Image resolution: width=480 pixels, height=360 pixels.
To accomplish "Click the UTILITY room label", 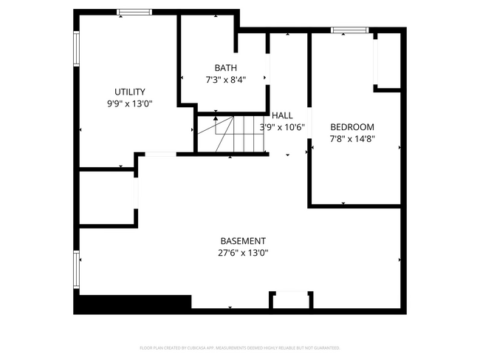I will click(x=129, y=92).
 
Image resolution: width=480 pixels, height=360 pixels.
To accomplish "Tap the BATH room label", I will click(x=225, y=67).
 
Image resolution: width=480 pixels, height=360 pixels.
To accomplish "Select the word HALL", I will click(x=282, y=115).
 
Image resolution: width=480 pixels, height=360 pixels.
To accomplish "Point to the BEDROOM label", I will click(x=352, y=126).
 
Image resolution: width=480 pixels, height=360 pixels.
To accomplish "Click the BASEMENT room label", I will click(x=243, y=241).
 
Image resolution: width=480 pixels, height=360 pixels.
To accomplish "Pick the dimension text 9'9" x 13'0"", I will click(x=129, y=104).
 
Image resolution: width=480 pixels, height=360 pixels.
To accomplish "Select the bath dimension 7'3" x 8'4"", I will click(x=225, y=79).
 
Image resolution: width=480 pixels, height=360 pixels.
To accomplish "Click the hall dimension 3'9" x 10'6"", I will click(x=282, y=126).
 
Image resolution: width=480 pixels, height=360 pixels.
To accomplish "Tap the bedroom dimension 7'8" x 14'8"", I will click(x=352, y=138).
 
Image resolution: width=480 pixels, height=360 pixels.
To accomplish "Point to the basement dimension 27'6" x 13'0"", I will click(x=243, y=253).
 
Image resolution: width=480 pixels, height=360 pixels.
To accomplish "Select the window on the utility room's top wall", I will click(x=134, y=12).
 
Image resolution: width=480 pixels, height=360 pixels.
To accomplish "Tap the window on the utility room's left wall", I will click(x=76, y=48).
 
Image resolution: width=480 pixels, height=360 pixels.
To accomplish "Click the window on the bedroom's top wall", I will click(x=349, y=30).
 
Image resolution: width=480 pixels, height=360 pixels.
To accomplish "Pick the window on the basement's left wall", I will click(x=76, y=270).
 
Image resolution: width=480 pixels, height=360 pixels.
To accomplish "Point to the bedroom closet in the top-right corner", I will click(x=387, y=61).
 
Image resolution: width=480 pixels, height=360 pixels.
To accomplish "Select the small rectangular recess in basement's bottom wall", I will click(x=290, y=300).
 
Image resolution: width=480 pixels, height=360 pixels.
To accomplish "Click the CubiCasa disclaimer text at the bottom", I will click(x=240, y=347).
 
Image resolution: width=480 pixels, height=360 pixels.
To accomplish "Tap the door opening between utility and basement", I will click(x=160, y=154).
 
